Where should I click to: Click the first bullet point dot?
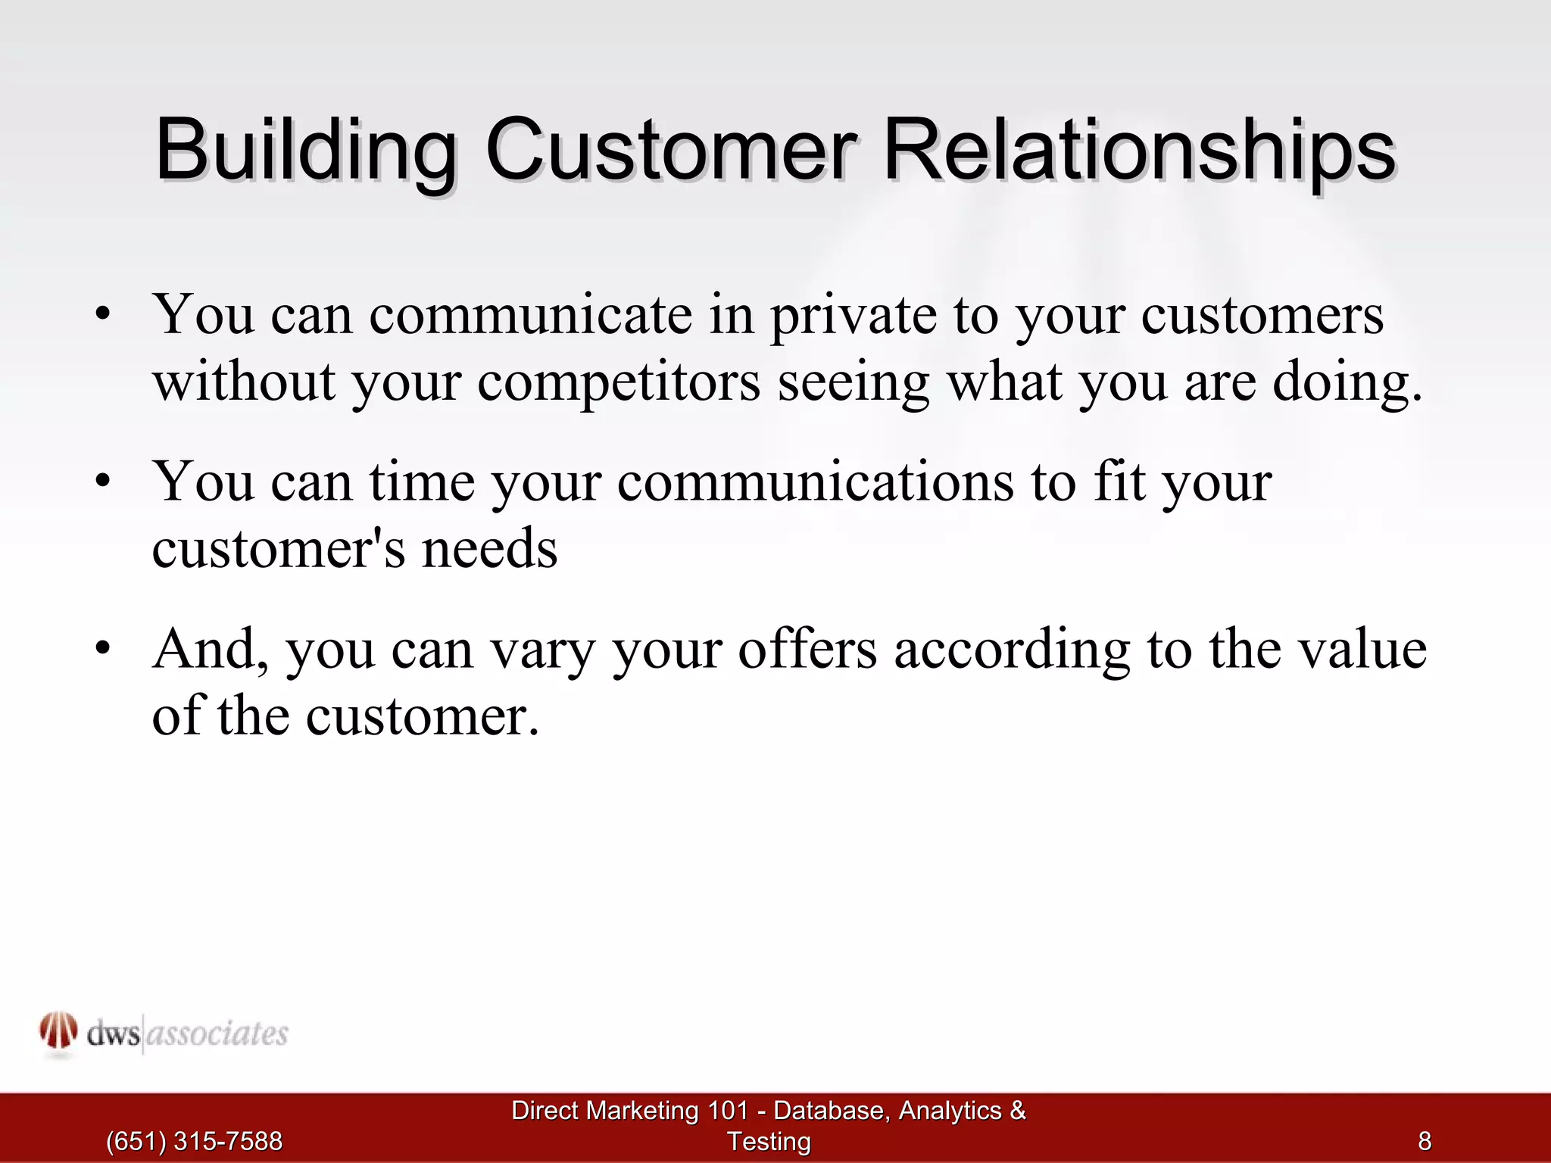tap(104, 315)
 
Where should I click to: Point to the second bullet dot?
tap(104, 482)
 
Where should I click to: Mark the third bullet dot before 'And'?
tap(104, 650)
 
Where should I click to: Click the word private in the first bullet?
tap(853, 316)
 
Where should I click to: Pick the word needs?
tap(489, 549)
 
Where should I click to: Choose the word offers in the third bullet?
tap(807, 650)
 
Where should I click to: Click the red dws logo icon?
tap(58, 1032)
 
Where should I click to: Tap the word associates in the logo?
tap(217, 1034)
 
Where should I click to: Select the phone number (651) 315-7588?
tap(194, 1141)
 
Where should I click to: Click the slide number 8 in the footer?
tap(1425, 1141)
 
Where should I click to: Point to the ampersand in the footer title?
tap(1017, 1111)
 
